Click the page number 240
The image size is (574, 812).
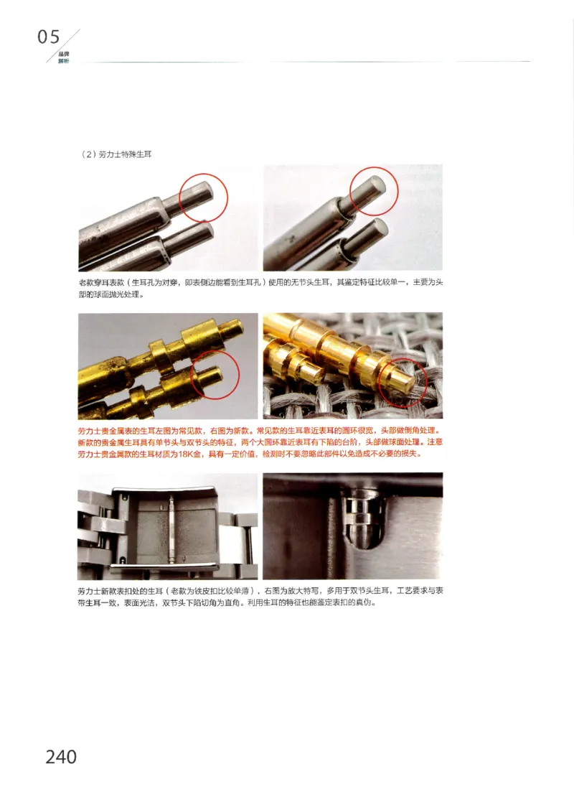[61, 756]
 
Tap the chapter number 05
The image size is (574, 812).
[49, 37]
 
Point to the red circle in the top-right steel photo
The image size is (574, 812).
[374, 192]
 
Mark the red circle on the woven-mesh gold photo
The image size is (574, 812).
[402, 382]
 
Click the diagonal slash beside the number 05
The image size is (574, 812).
[70, 41]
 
